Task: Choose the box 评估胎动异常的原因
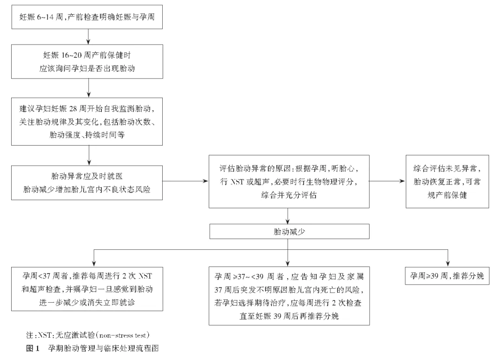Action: coord(289,181)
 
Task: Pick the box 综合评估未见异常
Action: coord(447,181)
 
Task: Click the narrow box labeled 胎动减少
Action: coord(289,231)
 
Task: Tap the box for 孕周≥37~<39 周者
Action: coord(289,295)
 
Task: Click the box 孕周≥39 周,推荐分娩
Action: coord(447,275)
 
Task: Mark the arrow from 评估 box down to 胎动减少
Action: coord(289,216)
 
